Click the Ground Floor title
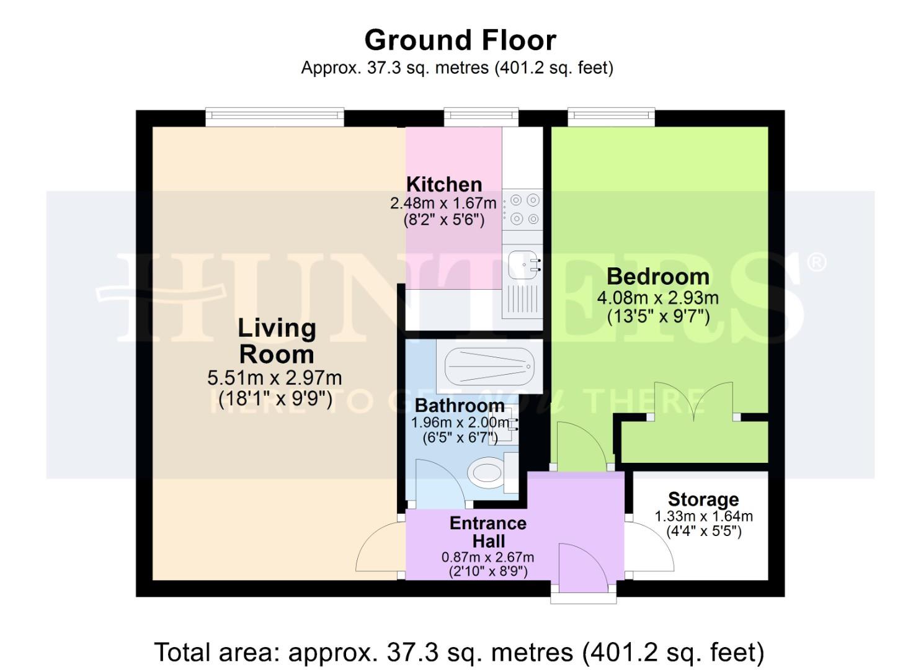[460, 40]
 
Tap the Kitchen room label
[443, 184]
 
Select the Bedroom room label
[657, 276]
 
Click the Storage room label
[703, 499]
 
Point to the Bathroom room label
[459, 406]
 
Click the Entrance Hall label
[488, 532]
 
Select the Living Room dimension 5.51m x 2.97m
[274, 378]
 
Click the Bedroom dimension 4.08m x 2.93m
[657, 298]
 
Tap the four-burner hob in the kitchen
[522, 209]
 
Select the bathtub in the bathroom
[489, 366]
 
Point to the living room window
[274, 116]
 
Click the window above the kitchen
[481, 116]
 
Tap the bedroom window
[611, 116]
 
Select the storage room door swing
[648, 546]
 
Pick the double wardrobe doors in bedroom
[692, 400]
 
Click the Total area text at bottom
[459, 653]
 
